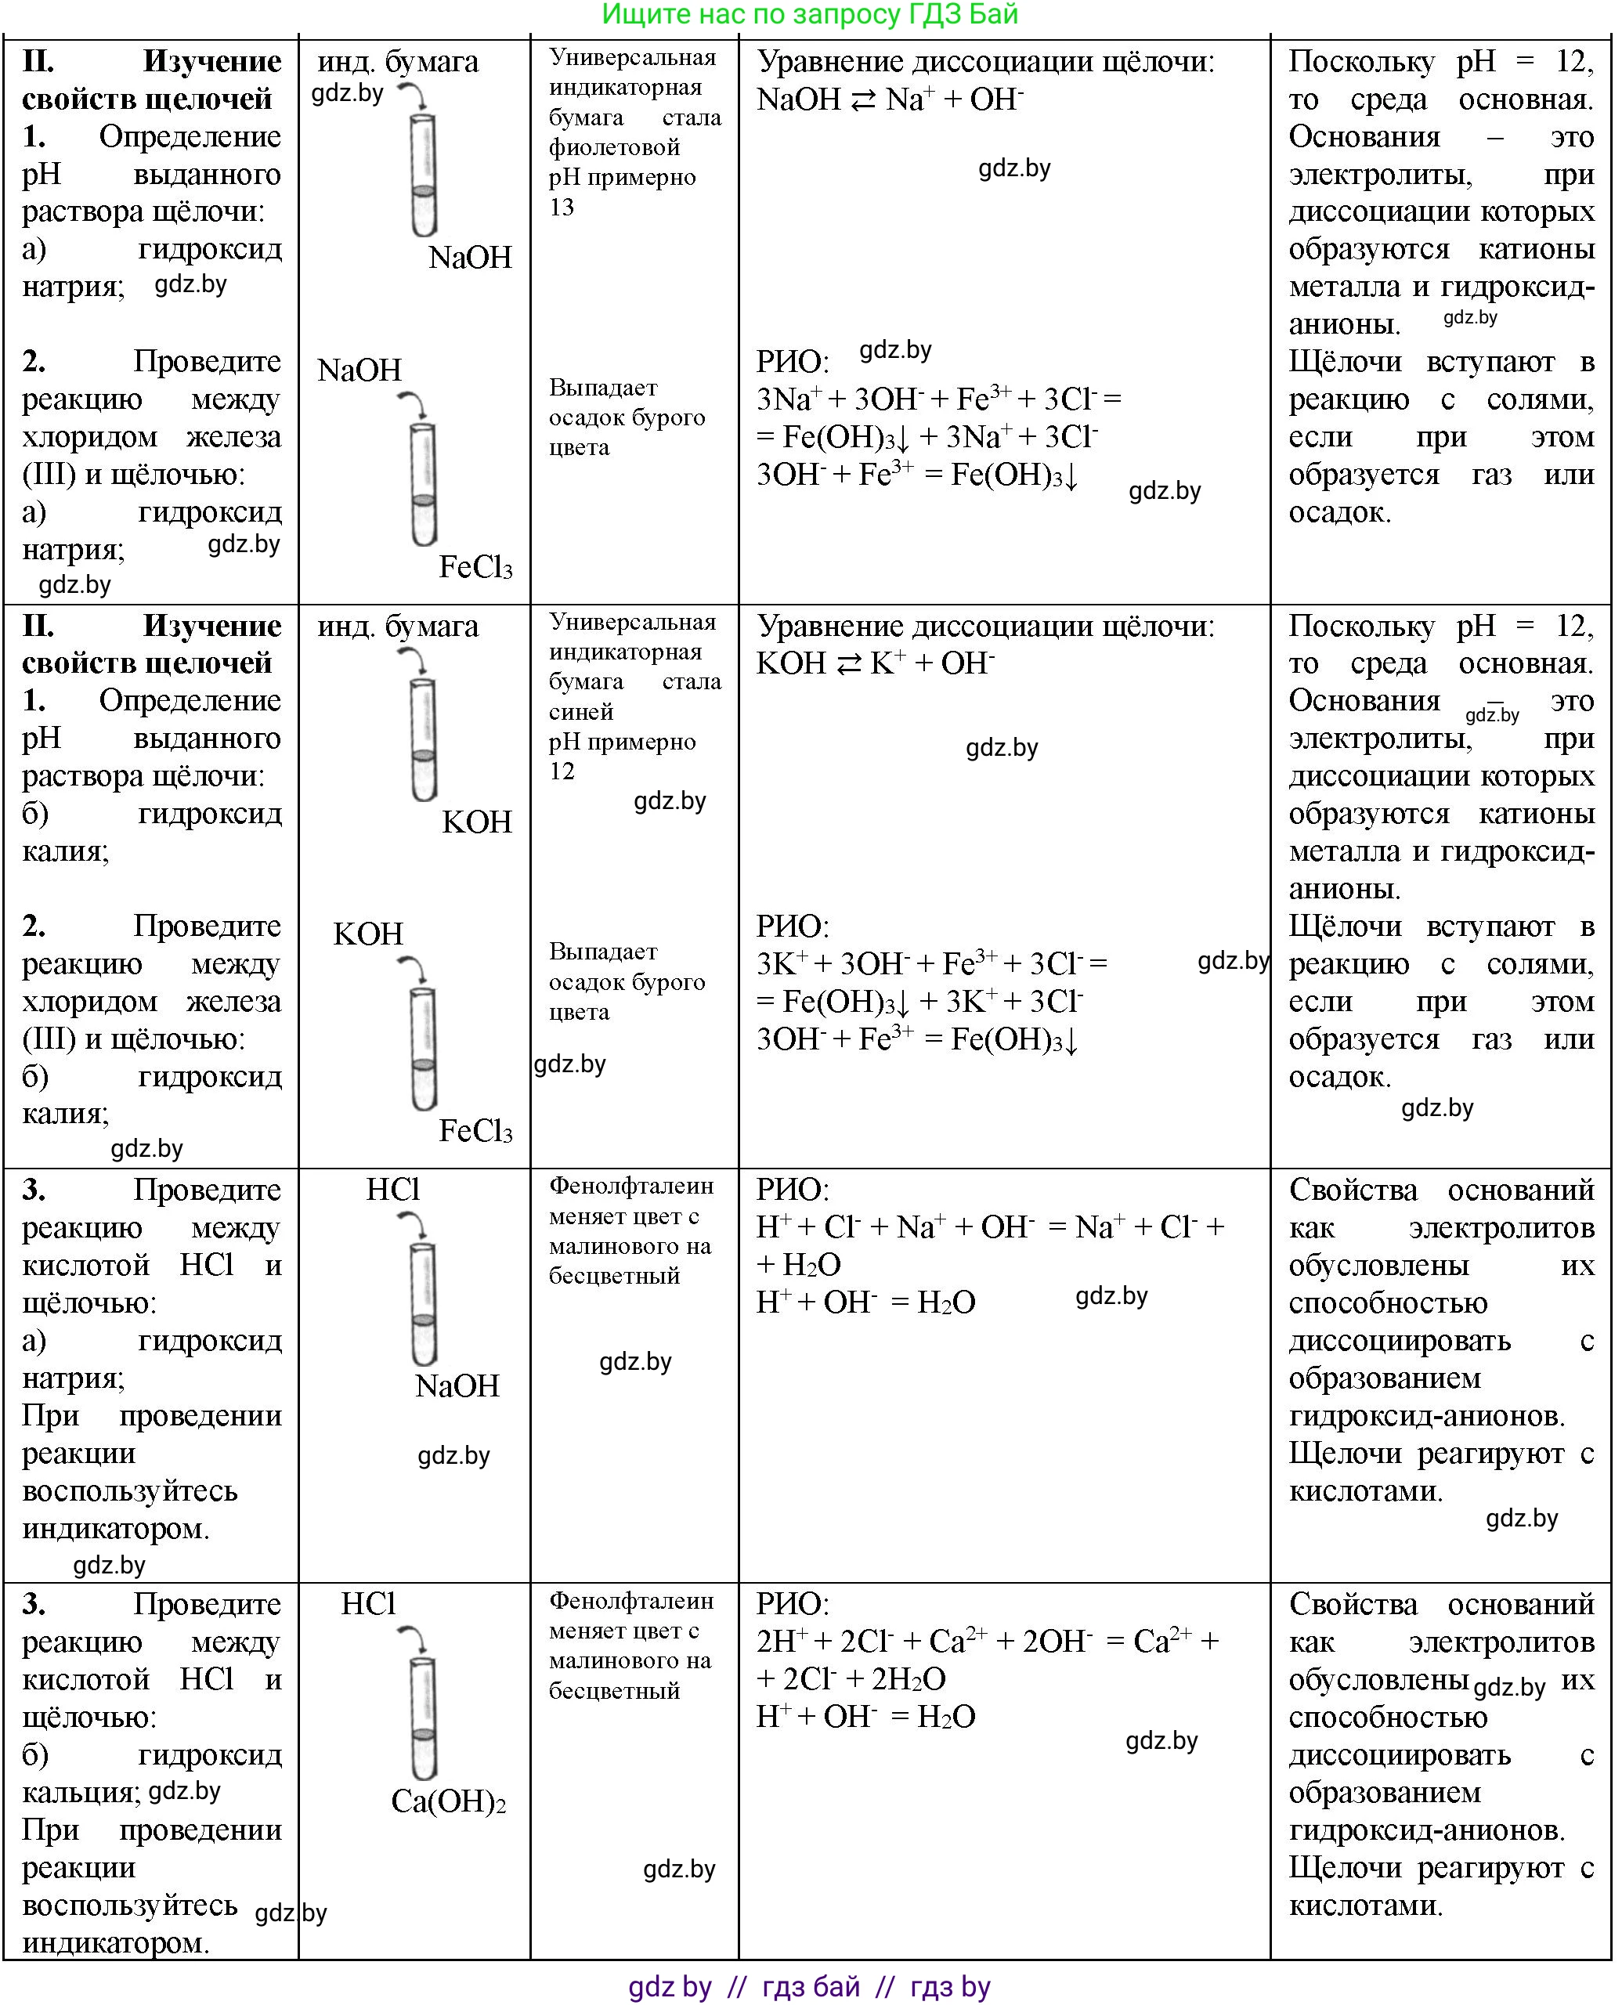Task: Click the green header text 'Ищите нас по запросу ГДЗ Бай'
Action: (809, 15)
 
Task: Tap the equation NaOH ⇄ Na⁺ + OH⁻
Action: (890, 99)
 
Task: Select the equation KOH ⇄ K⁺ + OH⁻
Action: (875, 663)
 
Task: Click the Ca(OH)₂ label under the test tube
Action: (449, 1801)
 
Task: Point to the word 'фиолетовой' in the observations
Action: (614, 147)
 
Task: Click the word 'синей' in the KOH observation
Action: (580, 712)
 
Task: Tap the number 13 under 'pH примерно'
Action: (561, 208)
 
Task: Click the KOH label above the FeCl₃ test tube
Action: (368, 934)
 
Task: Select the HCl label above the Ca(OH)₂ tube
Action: (368, 1603)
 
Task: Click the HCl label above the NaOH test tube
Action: (392, 1190)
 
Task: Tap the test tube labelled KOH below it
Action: (423, 738)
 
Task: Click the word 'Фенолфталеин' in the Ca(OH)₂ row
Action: (630, 1600)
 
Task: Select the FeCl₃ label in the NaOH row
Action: (475, 567)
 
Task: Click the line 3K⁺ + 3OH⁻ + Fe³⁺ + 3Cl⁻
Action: (930, 963)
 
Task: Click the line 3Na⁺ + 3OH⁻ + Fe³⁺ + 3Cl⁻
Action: (938, 399)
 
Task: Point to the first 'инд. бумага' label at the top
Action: (397, 62)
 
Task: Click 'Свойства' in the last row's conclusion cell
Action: (1352, 1603)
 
